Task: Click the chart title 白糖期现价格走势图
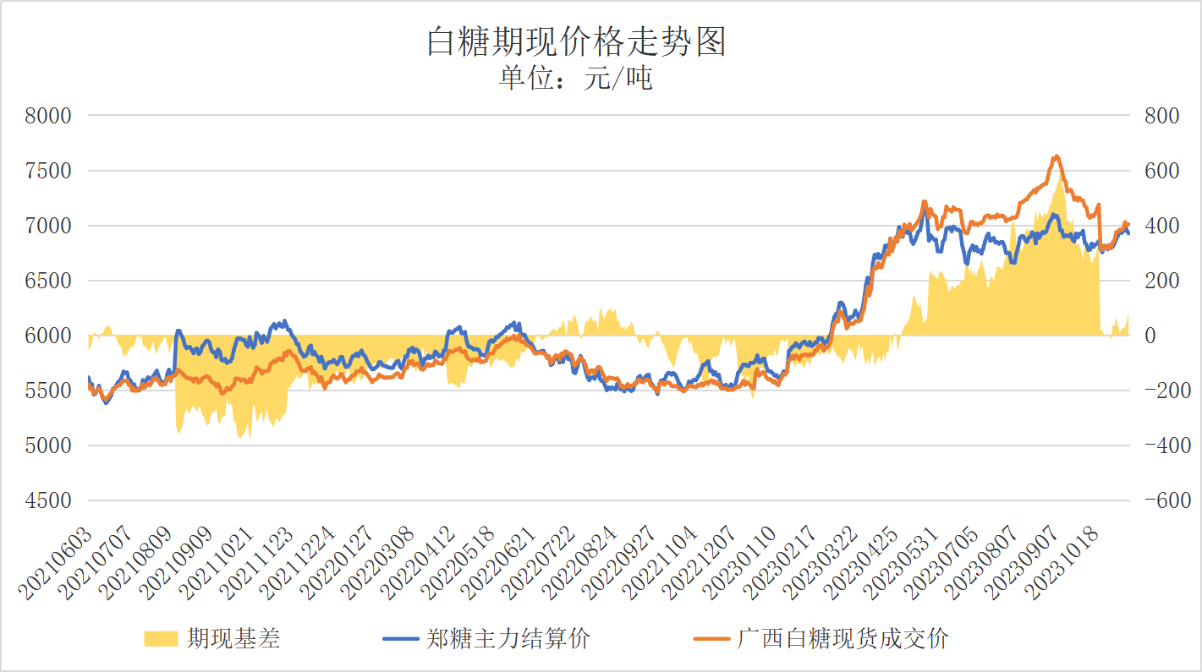[x=576, y=41]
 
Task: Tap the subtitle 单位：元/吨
[x=576, y=79]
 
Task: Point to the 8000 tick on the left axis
[x=48, y=116]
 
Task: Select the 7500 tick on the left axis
[x=48, y=171]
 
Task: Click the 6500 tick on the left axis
[x=48, y=281]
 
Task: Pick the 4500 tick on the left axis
[x=48, y=500]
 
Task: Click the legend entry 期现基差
[x=233, y=638]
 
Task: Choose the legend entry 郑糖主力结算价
[x=508, y=638]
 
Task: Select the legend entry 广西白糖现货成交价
[x=842, y=638]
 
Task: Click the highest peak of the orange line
[x=1056, y=156]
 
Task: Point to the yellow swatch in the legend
[x=161, y=638]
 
